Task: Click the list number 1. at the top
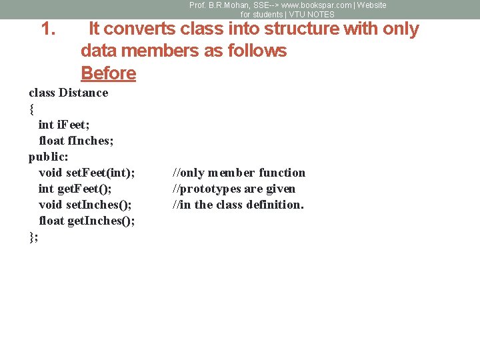tap(47, 29)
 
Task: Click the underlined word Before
tap(108, 73)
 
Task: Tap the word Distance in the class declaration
tap(83, 93)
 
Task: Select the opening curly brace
tap(31, 109)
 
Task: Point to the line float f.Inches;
tap(76, 141)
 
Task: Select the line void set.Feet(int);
tap(87, 173)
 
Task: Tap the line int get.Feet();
tap(75, 189)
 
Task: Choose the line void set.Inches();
tap(85, 205)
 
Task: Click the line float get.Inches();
tap(87, 221)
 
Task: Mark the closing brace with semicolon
tap(33, 237)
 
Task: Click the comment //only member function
tap(239, 173)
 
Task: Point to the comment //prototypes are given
tap(234, 189)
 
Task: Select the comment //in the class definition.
tap(238, 205)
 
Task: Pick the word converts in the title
tap(137, 29)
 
